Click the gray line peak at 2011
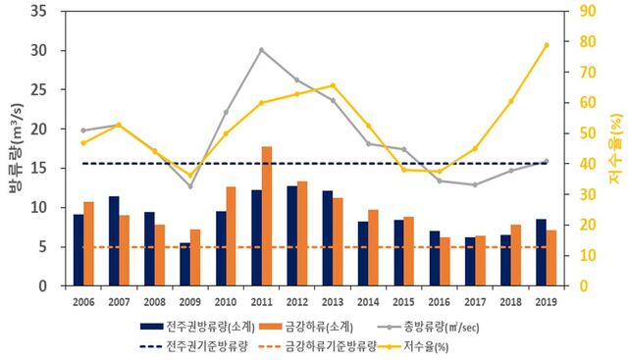[261, 50]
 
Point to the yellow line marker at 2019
[547, 45]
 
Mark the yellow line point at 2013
[333, 85]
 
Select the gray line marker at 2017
[475, 184]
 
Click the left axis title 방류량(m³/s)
[14, 149]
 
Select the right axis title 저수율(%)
[616, 149]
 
